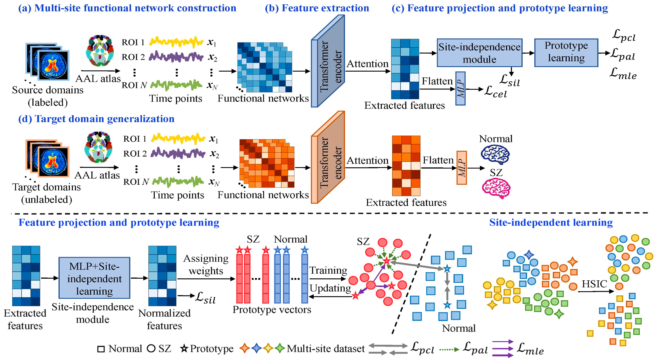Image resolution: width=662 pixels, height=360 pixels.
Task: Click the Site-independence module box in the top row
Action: (479, 53)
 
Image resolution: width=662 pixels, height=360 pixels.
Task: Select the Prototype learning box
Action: (566, 53)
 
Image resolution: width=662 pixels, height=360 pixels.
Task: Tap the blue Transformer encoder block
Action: (328, 61)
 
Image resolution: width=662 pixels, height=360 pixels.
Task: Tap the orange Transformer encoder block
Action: (328, 158)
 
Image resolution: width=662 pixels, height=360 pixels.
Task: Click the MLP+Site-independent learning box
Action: (94, 278)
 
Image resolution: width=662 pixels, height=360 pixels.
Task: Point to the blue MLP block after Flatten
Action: (460, 89)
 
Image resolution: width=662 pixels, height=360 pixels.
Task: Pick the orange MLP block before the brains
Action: (461, 168)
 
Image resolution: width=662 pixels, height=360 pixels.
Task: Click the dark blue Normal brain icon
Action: (495, 154)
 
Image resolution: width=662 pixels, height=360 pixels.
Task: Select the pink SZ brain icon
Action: (496, 188)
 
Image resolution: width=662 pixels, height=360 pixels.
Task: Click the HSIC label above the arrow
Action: (594, 284)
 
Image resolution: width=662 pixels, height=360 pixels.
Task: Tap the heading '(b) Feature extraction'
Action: (317, 8)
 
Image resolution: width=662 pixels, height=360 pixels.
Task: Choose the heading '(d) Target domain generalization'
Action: (96, 119)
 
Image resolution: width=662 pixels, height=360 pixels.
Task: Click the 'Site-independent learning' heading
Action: (551, 222)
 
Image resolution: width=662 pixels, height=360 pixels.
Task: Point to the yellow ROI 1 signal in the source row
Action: (176, 42)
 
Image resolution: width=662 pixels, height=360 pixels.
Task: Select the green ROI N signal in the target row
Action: (178, 181)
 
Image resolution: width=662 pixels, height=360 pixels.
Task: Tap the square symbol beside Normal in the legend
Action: (101, 349)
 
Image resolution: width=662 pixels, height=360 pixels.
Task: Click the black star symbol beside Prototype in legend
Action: (184, 349)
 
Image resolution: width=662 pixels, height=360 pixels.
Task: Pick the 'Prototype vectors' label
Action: (272, 310)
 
